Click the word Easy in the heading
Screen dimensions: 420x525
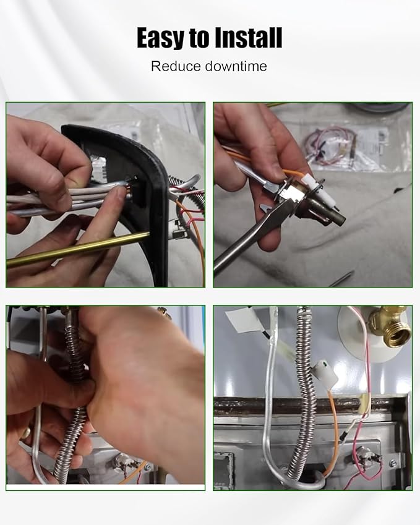tap(161, 38)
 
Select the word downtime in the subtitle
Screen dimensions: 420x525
tap(236, 66)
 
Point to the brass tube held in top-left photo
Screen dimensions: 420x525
tap(78, 249)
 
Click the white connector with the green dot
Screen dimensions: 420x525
tap(325, 373)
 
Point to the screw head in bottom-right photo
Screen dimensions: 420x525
tap(393, 464)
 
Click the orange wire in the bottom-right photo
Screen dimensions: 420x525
tap(335, 432)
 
